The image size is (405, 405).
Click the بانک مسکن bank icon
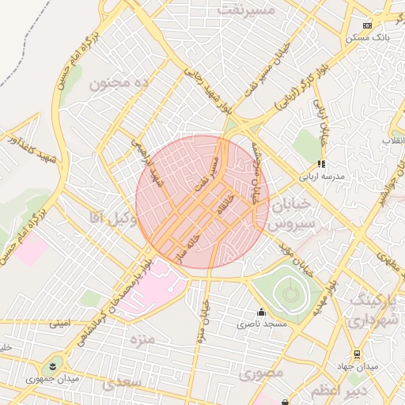pos(366,25)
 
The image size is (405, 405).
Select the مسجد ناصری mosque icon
pos(262,312)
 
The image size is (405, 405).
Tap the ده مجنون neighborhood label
pos(119,83)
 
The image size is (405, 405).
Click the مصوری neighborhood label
pos(261,373)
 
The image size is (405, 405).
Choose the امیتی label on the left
pos(59,323)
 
